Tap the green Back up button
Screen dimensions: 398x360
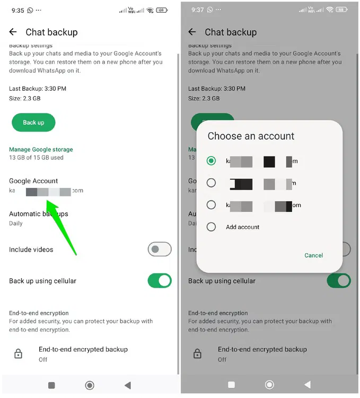click(33, 123)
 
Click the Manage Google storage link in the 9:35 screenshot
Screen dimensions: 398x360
click(41, 150)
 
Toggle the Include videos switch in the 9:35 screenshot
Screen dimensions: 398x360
click(159, 249)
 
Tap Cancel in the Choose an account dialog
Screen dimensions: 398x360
click(313, 255)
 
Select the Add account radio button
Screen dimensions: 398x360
click(212, 227)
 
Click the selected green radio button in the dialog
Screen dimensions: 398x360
click(212, 160)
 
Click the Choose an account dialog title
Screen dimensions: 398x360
click(251, 136)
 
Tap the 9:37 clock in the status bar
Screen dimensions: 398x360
click(197, 10)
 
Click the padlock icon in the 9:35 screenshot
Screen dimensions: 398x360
click(18, 354)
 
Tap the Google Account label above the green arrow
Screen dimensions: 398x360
click(33, 181)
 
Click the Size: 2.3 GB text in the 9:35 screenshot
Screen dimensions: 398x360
click(25, 99)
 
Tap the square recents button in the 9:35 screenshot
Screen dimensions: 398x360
click(51, 385)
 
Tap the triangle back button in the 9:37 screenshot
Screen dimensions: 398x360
click(307, 385)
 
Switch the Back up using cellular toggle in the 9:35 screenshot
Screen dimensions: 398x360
click(159, 281)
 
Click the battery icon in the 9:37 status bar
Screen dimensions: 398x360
click(343, 10)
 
